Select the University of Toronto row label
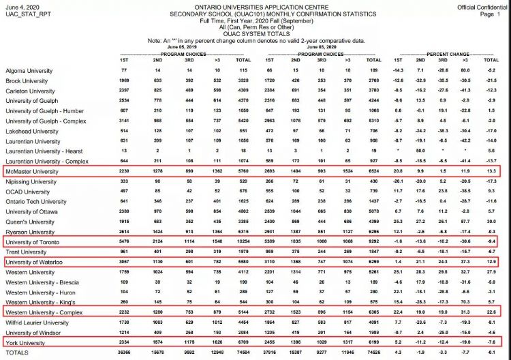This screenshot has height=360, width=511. tap(34, 241)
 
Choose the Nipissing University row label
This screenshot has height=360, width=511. tap(32, 182)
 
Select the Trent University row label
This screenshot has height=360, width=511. tap(27, 252)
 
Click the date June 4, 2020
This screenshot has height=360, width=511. tap(21, 6)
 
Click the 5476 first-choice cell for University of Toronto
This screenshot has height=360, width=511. tap(123, 241)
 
